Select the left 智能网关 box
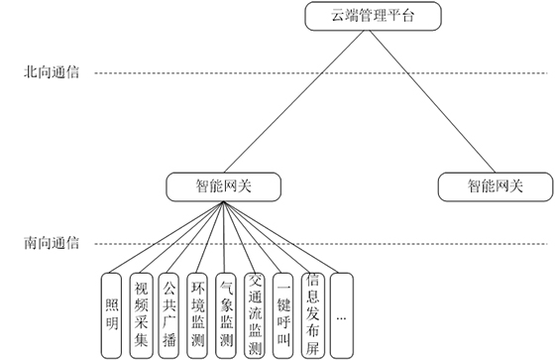point(224,184)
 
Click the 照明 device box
point(113,312)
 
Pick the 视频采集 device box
point(142,312)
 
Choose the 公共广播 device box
point(169,312)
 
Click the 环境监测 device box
point(198,312)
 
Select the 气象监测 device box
point(227,312)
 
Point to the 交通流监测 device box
point(256,312)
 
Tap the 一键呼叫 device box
point(284,312)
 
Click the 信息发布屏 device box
point(313,312)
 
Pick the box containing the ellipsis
point(342,312)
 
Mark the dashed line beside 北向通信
point(297,72)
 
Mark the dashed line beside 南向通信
point(396,242)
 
